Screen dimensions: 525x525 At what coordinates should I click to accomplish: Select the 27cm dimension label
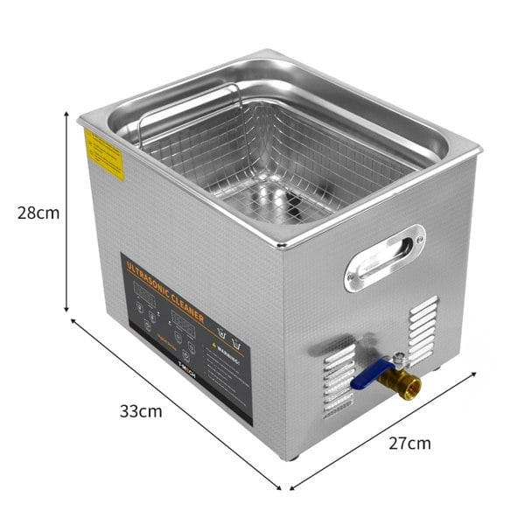(x=409, y=443)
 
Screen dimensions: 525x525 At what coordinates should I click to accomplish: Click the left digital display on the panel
(x=145, y=302)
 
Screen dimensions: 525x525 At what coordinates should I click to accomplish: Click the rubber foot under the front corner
(x=290, y=455)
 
